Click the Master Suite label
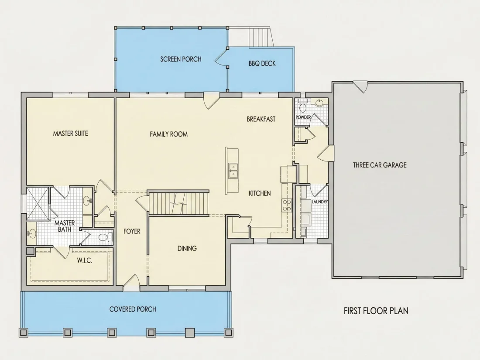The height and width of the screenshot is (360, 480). click(70, 134)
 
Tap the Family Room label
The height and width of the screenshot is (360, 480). click(169, 134)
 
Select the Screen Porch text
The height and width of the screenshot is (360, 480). click(181, 59)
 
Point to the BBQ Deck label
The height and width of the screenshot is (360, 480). click(262, 63)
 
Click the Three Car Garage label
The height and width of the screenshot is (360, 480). click(380, 165)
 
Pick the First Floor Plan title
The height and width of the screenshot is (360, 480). click(376, 311)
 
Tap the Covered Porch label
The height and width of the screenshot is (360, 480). click(133, 309)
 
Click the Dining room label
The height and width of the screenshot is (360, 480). click(187, 248)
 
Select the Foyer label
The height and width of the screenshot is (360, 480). click(132, 231)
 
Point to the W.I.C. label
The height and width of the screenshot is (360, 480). click(85, 261)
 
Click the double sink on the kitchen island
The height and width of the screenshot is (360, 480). click(233, 171)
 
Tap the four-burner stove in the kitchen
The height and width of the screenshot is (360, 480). click(287, 205)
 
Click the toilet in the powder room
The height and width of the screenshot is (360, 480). click(303, 107)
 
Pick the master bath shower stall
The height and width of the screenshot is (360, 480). click(38, 204)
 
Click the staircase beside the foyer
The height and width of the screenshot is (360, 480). click(178, 203)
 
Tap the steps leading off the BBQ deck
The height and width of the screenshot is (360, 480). click(261, 37)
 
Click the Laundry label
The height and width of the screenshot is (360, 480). click(319, 202)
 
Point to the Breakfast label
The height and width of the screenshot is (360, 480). click(261, 119)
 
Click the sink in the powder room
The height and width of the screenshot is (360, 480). click(319, 102)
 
